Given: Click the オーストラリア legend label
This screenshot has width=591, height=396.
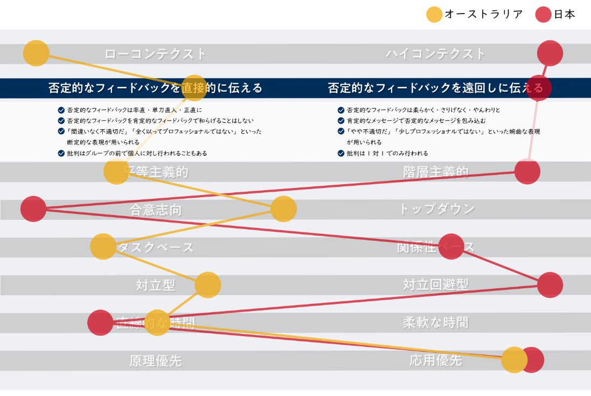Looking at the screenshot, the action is [x=483, y=15].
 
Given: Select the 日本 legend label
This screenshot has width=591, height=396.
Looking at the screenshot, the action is [x=564, y=15].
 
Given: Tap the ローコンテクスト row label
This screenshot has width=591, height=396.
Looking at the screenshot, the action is [x=155, y=54].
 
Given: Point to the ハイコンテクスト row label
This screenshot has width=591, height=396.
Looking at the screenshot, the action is [x=435, y=54].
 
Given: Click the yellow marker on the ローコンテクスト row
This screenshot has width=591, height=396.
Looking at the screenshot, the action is [x=36, y=53].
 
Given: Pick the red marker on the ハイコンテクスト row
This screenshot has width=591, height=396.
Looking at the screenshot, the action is [x=550, y=53].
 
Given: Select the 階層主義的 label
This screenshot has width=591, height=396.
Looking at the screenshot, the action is [x=436, y=172].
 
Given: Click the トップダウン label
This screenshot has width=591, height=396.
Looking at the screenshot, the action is [x=436, y=209].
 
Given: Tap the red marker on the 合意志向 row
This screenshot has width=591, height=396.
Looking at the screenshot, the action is [x=33, y=209].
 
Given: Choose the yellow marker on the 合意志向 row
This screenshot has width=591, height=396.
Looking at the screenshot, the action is [x=283, y=209].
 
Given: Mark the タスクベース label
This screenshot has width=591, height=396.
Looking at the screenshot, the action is [x=155, y=247].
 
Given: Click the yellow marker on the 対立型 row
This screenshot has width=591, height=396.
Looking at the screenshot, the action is [x=208, y=285].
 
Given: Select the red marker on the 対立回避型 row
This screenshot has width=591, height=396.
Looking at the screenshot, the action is [x=550, y=285].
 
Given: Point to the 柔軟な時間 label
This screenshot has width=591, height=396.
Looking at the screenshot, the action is [x=436, y=323].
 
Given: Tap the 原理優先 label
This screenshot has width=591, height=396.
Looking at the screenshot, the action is [x=155, y=360].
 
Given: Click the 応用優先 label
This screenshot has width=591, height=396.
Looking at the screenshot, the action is [x=436, y=360].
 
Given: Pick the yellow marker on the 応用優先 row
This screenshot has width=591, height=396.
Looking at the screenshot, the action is [x=514, y=360].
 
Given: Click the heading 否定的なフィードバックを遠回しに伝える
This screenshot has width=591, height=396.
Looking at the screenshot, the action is [x=435, y=88].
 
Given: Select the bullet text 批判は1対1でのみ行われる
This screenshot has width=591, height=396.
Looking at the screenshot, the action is [x=387, y=154].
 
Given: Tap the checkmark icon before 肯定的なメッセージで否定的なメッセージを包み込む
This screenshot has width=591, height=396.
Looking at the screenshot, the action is [x=341, y=121].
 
